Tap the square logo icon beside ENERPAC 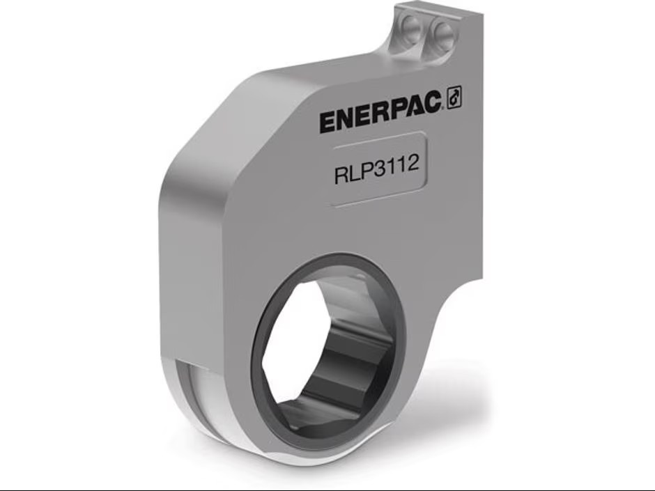coord(454,100)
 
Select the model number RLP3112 coord(377,170)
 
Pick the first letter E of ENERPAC coord(330,123)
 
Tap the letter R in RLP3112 coord(341,174)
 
